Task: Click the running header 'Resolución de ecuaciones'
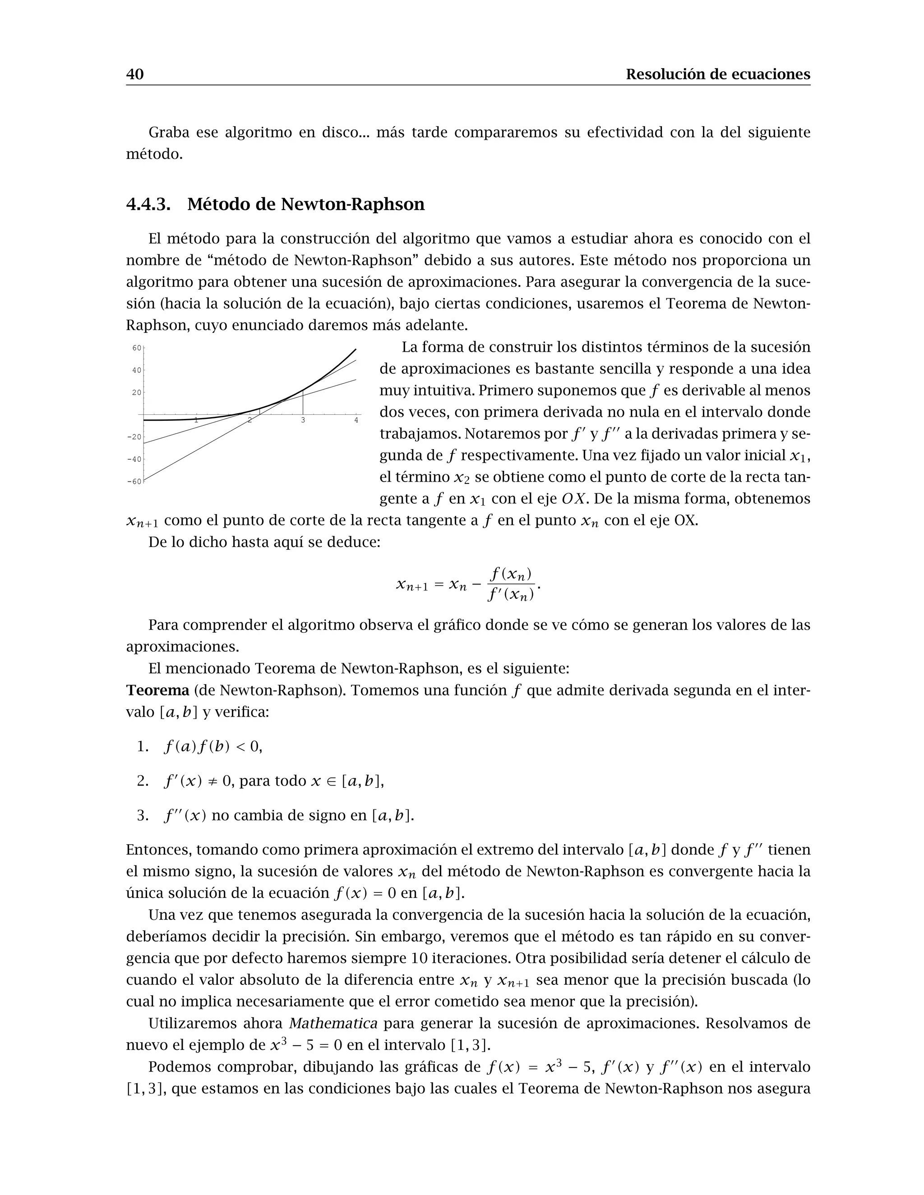point(718,74)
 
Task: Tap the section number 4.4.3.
point(148,205)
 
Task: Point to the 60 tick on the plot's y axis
point(137,348)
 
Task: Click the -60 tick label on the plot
point(134,482)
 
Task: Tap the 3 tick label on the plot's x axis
point(303,420)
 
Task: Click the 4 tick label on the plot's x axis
point(356,420)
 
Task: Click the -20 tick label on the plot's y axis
point(134,437)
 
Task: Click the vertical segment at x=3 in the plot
point(303,403)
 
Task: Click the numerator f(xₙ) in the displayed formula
point(511,574)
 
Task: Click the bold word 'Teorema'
point(157,690)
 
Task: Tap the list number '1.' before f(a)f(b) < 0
point(143,747)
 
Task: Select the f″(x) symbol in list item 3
point(185,816)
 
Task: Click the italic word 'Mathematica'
point(333,1023)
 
